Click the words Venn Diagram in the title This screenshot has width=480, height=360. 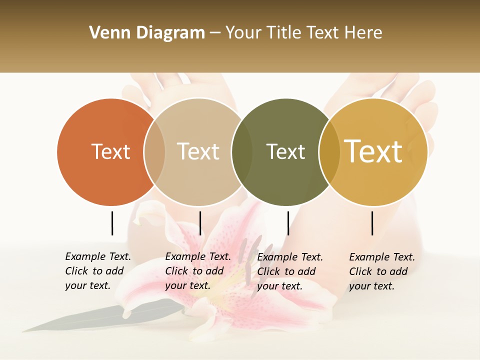click(147, 33)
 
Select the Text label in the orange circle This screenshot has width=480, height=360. click(110, 151)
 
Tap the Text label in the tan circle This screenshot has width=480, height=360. click(198, 151)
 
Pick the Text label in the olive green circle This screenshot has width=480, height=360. click(285, 151)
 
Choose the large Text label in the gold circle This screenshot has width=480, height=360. click(373, 151)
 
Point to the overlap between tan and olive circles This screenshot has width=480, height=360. click(241, 151)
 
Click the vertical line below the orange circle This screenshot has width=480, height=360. click(112, 223)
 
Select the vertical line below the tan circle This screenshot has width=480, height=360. click(200, 223)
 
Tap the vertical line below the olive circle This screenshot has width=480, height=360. click(288, 223)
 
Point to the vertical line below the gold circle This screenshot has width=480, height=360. click(372, 223)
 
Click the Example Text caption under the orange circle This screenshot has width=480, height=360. click(97, 271)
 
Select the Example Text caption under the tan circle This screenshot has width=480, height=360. click(197, 271)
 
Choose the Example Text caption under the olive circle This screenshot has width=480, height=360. click(289, 271)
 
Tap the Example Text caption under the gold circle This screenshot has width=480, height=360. click(381, 271)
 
